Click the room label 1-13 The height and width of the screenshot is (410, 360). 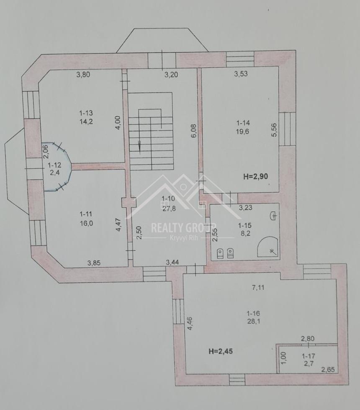(86, 113)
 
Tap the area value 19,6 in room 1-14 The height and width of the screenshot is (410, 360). (243, 131)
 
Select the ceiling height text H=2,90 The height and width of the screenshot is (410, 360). (256, 176)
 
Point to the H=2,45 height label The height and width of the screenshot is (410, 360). (221, 351)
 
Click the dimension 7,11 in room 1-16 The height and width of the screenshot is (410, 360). (258, 288)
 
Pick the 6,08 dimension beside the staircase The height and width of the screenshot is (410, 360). (194, 131)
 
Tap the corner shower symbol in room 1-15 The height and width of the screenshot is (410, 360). (267, 247)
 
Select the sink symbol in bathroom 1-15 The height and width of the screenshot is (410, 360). (273, 216)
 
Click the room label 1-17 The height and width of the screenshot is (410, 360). (309, 356)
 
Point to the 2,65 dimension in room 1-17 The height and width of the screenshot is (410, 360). (328, 370)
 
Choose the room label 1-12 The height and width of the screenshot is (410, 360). (54, 165)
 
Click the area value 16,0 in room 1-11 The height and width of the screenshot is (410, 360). (86, 223)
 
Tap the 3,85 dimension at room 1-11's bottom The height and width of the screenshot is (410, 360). (94, 263)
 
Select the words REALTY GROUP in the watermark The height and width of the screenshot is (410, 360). (183, 228)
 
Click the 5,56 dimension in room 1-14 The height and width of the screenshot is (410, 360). (274, 130)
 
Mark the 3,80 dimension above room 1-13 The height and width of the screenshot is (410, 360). (83, 75)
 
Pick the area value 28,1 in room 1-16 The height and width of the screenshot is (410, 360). (253, 321)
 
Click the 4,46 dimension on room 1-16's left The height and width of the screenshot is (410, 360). (190, 323)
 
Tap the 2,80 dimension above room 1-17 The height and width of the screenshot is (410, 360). (308, 339)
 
